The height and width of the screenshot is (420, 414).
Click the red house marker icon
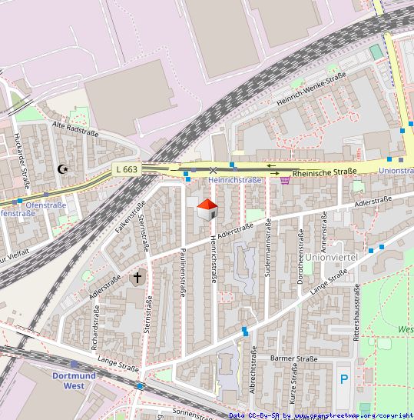point(207,208)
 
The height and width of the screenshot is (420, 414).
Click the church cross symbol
point(138,277)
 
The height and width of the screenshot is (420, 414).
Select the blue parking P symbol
point(343,378)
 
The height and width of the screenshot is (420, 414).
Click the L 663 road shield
point(127,169)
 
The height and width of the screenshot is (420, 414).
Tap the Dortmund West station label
point(74,381)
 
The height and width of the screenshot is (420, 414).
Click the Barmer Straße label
point(294,358)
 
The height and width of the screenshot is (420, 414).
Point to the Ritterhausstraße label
point(356,312)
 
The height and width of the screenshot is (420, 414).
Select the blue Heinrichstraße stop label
point(235,180)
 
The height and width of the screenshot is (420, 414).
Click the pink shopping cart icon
point(285,180)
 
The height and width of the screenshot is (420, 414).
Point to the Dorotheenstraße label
point(300,259)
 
